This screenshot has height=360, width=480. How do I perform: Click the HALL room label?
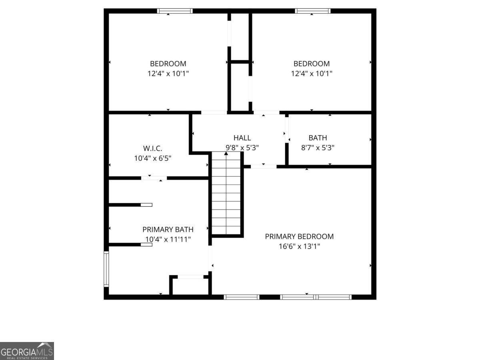[242, 138]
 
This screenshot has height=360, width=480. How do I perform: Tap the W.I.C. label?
[152, 148]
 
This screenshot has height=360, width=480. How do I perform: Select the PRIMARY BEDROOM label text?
[299, 236]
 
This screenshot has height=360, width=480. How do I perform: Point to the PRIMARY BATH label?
[168, 230]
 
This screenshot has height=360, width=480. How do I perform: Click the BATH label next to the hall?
[318, 138]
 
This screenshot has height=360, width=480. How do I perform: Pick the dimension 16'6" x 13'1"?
[299, 246]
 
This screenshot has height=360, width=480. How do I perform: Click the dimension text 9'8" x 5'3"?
[242, 148]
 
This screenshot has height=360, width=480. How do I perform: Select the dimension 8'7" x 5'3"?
[318, 148]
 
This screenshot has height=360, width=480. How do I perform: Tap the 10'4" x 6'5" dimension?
[152, 158]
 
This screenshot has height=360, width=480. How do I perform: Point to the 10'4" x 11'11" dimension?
[168, 240]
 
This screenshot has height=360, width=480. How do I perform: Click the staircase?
[226, 194]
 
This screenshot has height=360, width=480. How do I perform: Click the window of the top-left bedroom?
[174, 11]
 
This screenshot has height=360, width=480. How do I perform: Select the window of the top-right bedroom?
[312, 11]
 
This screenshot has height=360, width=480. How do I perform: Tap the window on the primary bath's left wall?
[106, 268]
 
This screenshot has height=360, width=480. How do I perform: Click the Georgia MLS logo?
[27, 351]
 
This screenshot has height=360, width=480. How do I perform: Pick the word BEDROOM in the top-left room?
[168, 64]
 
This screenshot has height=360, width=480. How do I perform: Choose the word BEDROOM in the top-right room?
[312, 64]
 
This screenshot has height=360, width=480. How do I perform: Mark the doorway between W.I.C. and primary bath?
[154, 178]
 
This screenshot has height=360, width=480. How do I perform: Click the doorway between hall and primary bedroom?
[263, 166]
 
